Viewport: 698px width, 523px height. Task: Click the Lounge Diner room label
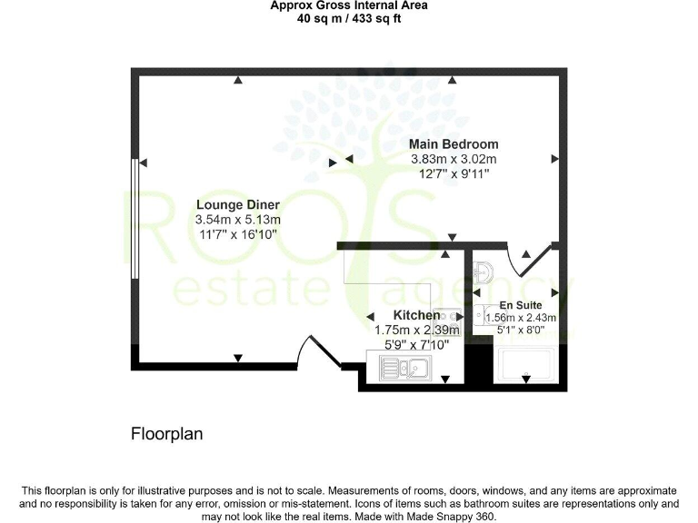pyautogui.click(x=237, y=205)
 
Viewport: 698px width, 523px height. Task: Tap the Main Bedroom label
pyautogui.click(x=453, y=144)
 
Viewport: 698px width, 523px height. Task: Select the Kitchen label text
pyautogui.click(x=417, y=315)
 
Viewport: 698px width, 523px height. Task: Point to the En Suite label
pyautogui.click(x=521, y=305)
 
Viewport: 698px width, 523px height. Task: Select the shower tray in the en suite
pyautogui.click(x=527, y=368)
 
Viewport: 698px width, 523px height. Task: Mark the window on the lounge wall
pyautogui.click(x=135, y=219)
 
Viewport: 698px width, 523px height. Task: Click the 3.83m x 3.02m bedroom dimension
pyautogui.click(x=453, y=159)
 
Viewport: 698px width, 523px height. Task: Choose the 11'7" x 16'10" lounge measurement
pyautogui.click(x=237, y=234)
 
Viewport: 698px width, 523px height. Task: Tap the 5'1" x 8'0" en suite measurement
pyautogui.click(x=521, y=331)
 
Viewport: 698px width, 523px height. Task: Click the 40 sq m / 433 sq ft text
pyautogui.click(x=349, y=18)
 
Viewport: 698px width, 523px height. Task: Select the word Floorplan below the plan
pyautogui.click(x=167, y=434)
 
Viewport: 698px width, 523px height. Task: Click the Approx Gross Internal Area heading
pyautogui.click(x=349, y=5)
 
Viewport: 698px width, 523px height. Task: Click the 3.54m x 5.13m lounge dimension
pyautogui.click(x=237, y=220)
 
